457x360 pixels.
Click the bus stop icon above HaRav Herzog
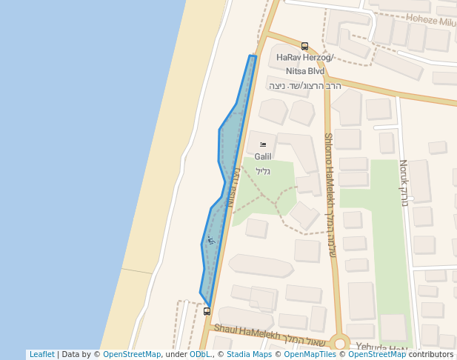pos(304,46)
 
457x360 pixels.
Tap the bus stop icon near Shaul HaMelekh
pos(207,312)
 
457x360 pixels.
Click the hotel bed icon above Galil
pos(263,144)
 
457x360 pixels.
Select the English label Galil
pos(263,157)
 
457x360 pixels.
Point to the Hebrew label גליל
pos(263,171)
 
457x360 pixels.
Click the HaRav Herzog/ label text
pos(305,58)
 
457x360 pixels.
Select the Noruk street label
pos(404,182)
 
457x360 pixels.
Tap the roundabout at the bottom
pos(340,342)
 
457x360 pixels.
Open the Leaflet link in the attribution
pos(41,355)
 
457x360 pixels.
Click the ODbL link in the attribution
pos(199,355)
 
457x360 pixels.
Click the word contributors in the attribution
pos(431,355)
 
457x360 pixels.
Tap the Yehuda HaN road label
pos(381,348)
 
